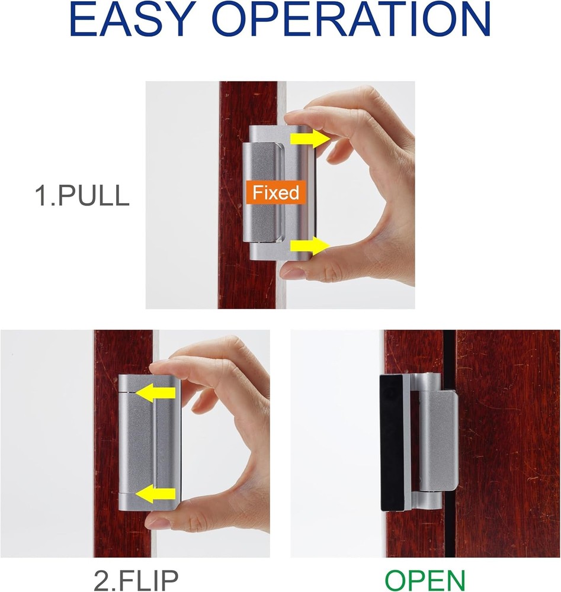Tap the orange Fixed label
(x=275, y=192)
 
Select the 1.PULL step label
(x=82, y=196)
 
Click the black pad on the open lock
(x=391, y=444)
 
